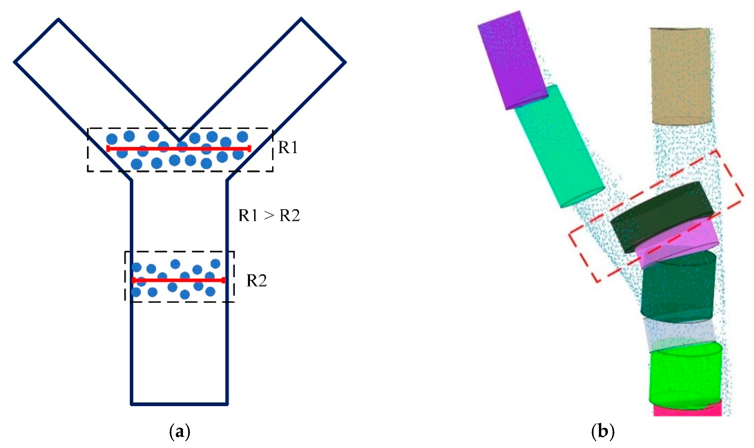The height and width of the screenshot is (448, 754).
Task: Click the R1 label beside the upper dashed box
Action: point(287,147)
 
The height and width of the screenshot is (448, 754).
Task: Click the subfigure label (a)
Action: point(180,432)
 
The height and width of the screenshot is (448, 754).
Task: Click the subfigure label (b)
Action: point(602,432)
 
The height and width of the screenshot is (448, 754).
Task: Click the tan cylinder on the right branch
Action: point(681,75)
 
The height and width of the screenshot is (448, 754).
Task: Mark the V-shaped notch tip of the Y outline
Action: point(179,140)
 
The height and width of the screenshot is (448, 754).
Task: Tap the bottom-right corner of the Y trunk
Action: point(227,404)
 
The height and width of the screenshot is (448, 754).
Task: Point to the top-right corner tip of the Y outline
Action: point(301,18)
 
